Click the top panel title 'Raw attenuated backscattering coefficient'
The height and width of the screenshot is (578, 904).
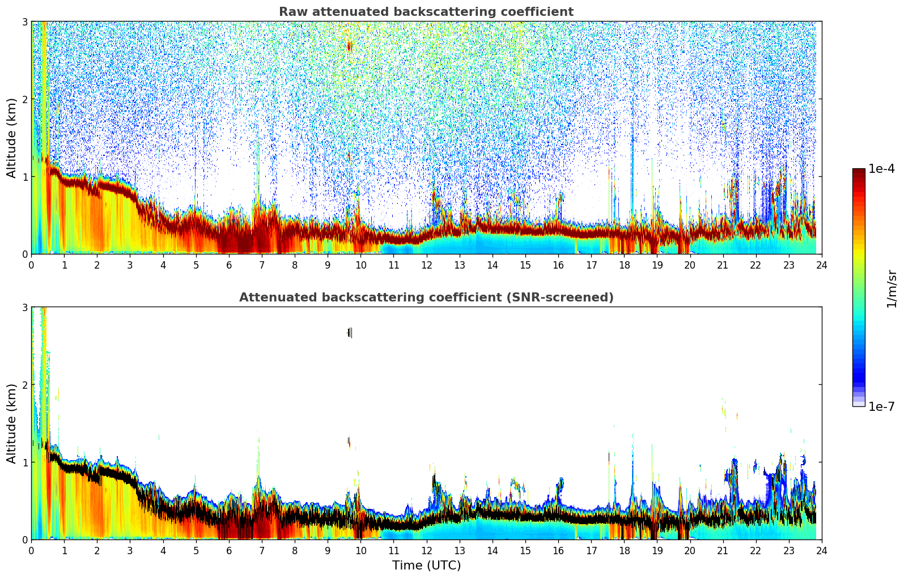[426, 12]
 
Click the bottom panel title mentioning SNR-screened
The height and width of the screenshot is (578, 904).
[426, 297]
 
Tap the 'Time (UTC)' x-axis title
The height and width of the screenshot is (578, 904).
[426, 566]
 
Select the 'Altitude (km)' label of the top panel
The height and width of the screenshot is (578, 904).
[11, 138]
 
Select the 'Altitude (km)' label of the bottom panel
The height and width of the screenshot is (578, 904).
[11, 423]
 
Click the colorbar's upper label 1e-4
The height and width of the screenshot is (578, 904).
[881, 169]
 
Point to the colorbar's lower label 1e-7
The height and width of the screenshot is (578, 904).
[881, 406]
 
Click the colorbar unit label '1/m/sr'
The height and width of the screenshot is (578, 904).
[892, 288]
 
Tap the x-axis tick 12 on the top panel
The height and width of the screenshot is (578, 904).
[426, 265]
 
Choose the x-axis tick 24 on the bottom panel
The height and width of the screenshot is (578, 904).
[821, 550]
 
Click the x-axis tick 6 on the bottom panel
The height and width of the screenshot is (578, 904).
[229, 550]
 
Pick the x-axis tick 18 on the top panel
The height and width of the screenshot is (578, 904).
[624, 265]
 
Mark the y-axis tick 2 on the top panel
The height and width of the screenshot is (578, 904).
[25, 99]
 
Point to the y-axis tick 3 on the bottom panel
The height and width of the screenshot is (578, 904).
[25, 308]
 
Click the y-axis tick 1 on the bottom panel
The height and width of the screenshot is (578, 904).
[25, 462]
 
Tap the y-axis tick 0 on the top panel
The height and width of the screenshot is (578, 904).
[25, 254]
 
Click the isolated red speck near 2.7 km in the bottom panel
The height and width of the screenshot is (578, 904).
[349, 333]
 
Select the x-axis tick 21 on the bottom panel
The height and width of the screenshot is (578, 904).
[723, 550]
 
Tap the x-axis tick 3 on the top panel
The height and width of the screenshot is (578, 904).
[130, 265]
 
